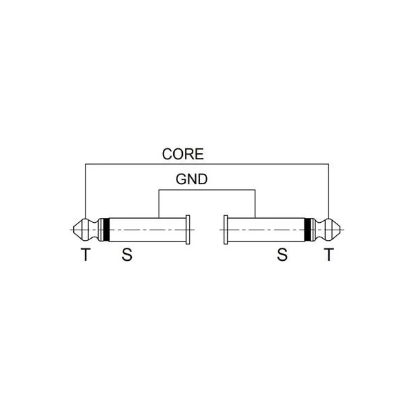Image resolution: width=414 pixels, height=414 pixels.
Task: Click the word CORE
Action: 183,154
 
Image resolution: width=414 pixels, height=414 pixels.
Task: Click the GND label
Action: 192,179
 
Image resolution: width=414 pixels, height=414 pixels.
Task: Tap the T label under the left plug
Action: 86,255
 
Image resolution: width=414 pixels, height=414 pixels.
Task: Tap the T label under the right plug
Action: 328,255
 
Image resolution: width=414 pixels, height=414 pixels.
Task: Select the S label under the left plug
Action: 127,255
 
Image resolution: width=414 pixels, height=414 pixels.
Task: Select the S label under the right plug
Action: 282,255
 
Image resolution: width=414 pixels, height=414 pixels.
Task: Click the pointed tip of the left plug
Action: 73,230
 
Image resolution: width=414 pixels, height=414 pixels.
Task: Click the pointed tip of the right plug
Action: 341,230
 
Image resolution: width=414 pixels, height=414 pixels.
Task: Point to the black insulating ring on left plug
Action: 106,230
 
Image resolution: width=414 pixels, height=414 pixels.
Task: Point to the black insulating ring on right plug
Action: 308,230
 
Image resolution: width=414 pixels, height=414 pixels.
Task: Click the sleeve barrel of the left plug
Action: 148,230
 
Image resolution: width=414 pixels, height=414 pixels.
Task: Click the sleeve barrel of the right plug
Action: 266,230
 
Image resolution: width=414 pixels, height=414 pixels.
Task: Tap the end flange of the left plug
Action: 188,230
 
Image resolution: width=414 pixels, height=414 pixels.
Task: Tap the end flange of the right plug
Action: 226,230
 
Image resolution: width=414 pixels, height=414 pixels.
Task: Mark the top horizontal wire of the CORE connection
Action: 207,164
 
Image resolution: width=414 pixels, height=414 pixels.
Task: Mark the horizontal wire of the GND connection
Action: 207,190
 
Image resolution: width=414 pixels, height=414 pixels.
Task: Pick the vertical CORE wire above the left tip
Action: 86,191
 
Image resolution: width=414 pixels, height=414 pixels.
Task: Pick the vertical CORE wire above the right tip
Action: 328,191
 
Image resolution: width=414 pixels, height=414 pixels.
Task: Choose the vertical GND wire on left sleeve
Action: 159,204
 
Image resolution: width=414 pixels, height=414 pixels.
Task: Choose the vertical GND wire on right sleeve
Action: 255,204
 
